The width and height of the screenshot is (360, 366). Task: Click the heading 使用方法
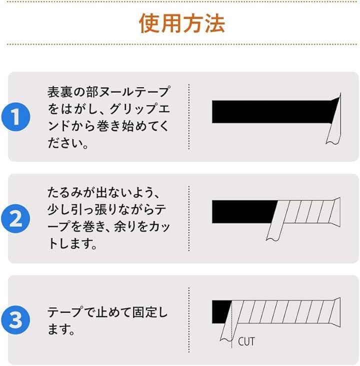click(x=182, y=24)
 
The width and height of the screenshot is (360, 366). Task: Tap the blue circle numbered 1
click(x=15, y=117)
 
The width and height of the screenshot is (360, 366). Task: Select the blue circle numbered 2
click(x=15, y=218)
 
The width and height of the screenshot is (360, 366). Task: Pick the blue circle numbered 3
click(x=15, y=320)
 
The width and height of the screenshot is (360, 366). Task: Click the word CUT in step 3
click(x=246, y=341)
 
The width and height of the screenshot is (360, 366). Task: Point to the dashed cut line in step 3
click(x=231, y=324)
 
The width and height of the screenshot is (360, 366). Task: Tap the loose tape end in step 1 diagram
click(x=334, y=121)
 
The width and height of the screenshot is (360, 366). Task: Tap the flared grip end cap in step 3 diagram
click(x=337, y=312)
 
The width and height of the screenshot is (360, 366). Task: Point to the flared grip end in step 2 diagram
click(x=337, y=212)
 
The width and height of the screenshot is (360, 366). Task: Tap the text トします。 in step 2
click(x=72, y=244)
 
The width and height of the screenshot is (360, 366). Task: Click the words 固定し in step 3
click(x=150, y=312)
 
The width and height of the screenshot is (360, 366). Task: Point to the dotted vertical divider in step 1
click(x=189, y=117)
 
